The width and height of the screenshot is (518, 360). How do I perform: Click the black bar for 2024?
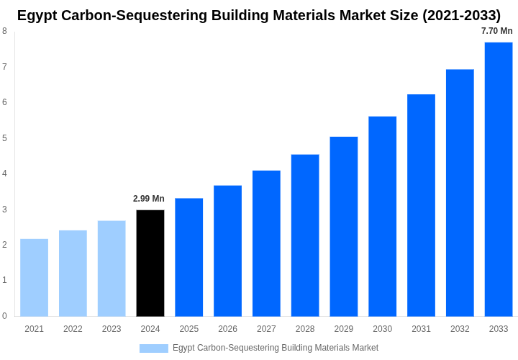[x=150, y=263]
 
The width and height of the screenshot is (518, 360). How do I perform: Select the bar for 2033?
[x=499, y=179]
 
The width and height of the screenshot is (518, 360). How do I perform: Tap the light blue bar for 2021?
[x=34, y=277]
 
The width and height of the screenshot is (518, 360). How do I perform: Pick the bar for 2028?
[x=305, y=235]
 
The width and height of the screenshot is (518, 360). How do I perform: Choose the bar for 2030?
[x=382, y=216]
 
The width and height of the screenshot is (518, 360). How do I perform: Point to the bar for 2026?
[x=227, y=251]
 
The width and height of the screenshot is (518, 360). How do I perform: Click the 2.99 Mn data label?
[x=149, y=199]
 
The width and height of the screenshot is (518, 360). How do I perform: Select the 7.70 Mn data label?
[x=497, y=31]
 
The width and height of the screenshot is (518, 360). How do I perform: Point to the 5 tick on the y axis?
[x=4, y=138]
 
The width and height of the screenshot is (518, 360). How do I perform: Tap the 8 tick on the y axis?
[x=4, y=31]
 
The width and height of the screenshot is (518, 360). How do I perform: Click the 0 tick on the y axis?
[x=4, y=316]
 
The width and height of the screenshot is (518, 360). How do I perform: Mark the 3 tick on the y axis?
[x=4, y=210]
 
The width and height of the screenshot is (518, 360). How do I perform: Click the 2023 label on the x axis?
[x=112, y=329]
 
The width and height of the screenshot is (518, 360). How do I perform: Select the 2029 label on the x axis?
[x=344, y=329]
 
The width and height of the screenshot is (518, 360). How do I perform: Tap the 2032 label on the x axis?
[x=460, y=329]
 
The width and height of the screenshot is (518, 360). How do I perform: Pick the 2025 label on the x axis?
[x=189, y=329]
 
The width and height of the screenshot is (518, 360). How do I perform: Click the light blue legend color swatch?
[x=153, y=348]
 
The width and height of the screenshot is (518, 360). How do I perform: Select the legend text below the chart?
[x=275, y=348]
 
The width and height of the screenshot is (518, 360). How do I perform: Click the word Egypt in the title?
[x=37, y=15]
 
